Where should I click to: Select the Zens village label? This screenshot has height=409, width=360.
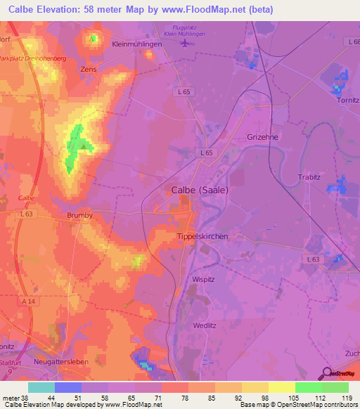coord(89,70)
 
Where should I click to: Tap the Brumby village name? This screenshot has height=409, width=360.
coord(80,216)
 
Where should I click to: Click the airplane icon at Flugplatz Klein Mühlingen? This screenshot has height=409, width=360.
coord(185,43)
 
